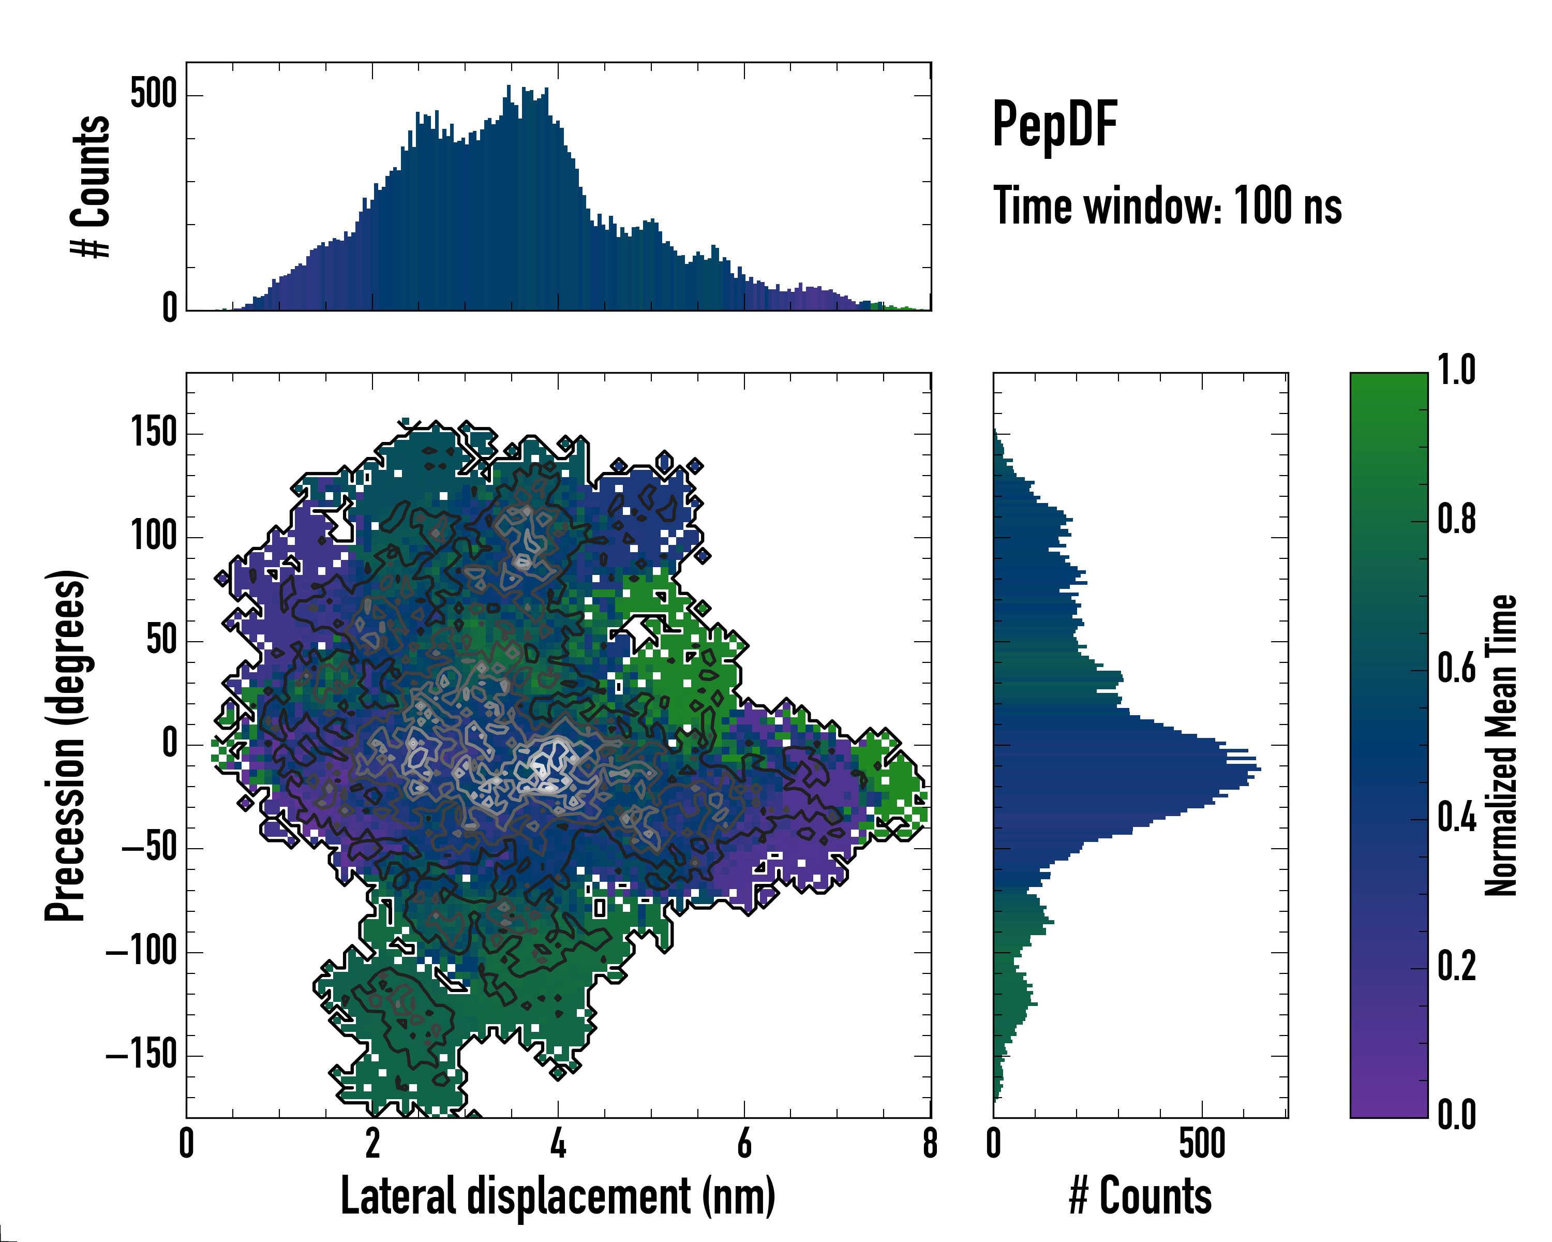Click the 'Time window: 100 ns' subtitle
[1168, 206]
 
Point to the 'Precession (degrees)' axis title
[66, 745]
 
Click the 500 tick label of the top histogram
[153, 94]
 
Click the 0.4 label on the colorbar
[1456, 818]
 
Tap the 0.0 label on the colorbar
[1456, 1115]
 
